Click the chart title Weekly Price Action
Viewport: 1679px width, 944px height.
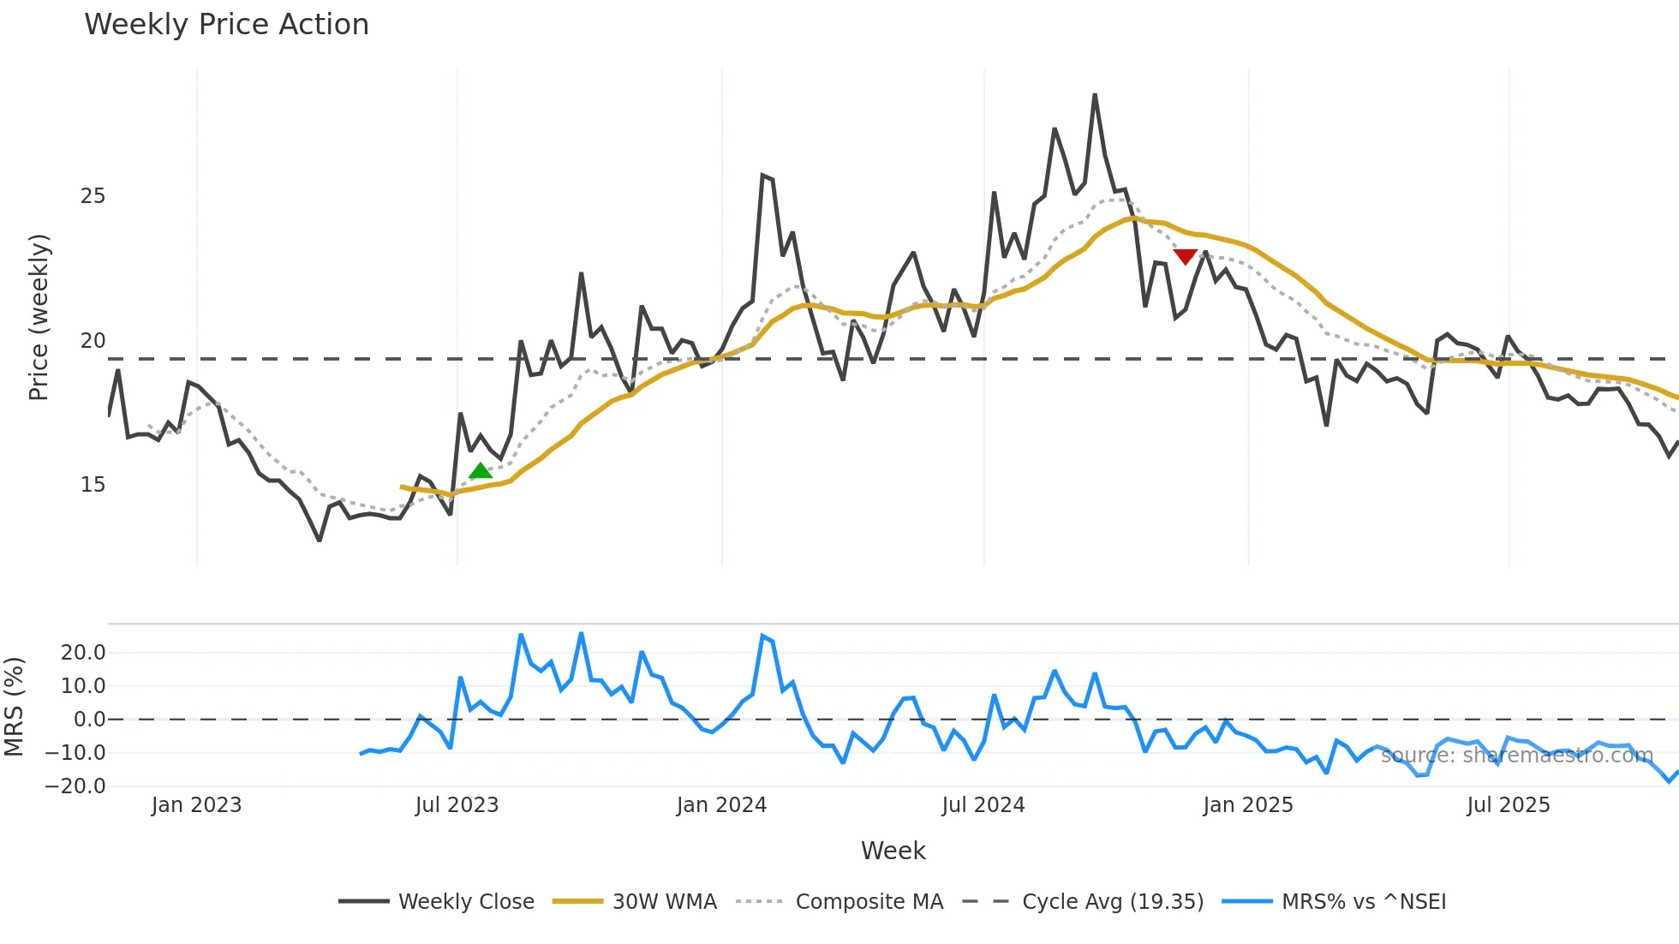[x=226, y=25]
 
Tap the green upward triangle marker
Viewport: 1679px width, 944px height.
[x=481, y=470]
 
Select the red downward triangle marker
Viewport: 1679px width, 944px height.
[x=1186, y=256]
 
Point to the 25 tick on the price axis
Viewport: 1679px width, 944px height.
[x=93, y=196]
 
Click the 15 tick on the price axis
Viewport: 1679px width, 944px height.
[x=93, y=485]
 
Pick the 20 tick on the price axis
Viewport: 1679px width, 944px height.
[x=93, y=341]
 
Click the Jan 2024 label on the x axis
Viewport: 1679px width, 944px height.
[x=721, y=805]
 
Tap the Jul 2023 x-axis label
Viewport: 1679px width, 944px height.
[x=457, y=805]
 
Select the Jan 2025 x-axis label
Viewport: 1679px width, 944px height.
[x=1247, y=805]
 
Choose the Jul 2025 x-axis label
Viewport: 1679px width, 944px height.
[x=1509, y=805]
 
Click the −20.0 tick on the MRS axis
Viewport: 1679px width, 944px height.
[x=75, y=786]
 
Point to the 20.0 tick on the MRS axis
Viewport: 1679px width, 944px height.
[x=83, y=653]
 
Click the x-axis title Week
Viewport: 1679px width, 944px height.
[x=893, y=851]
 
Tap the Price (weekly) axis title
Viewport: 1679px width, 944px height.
[x=39, y=317]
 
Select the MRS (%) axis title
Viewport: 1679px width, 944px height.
[x=15, y=707]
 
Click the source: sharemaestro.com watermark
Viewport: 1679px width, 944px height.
[x=1516, y=756]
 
